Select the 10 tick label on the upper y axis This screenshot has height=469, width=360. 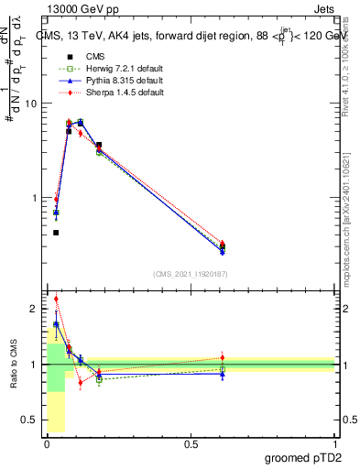(30, 104)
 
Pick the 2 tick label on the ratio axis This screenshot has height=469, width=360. (33, 310)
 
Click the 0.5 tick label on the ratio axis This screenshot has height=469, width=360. (29, 420)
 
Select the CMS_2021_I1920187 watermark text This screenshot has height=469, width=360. (191, 273)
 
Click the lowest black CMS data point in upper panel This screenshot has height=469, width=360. (56, 233)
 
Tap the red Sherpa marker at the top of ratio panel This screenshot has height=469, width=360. (56, 299)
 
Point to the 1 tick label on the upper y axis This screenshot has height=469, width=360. (33, 198)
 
